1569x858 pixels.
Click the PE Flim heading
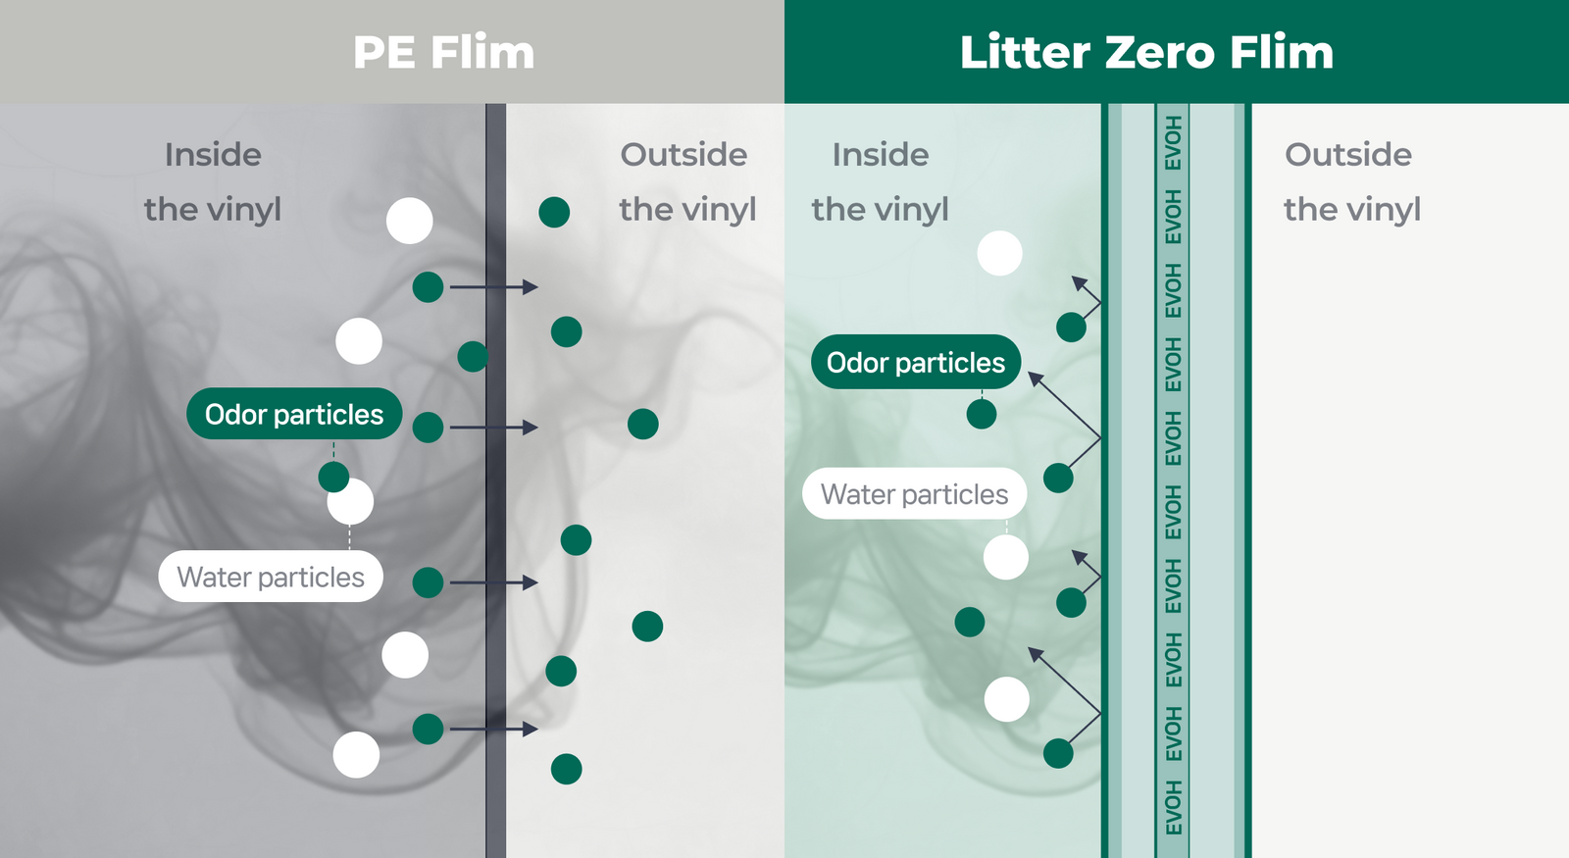click(443, 53)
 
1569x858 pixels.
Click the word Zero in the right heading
click(1160, 53)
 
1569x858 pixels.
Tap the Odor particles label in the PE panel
click(294, 414)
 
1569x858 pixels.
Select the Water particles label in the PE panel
click(271, 577)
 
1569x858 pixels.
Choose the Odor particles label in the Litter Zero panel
click(915, 363)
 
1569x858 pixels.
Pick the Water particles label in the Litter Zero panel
click(914, 494)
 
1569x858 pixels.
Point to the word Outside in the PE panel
click(683, 155)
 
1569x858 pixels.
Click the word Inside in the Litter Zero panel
click(880, 155)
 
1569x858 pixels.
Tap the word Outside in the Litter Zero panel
click(1347, 155)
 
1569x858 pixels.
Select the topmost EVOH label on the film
click(1173, 143)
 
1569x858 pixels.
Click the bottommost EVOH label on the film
click(1173, 807)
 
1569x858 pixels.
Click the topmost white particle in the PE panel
click(409, 221)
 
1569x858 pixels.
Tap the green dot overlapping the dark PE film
click(473, 356)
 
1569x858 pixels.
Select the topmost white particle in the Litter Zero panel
click(999, 253)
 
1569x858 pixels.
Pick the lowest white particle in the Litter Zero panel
click(1006, 699)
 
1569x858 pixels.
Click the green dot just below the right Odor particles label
click(981, 414)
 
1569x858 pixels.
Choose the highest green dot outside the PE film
click(554, 212)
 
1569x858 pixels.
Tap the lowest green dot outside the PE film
click(566, 769)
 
